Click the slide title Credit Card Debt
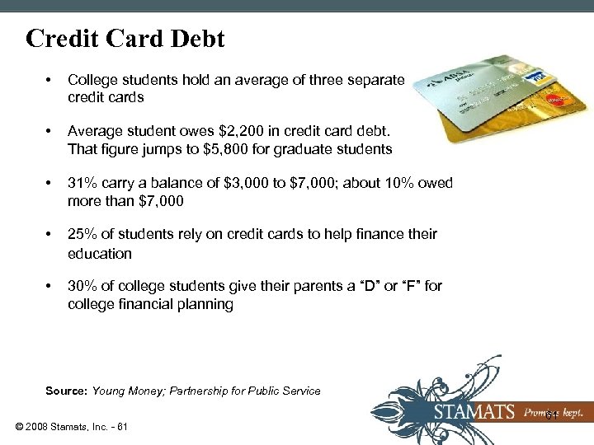125,39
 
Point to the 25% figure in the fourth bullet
82,235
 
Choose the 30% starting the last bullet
82,286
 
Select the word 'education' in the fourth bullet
100,254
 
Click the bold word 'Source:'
67,391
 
